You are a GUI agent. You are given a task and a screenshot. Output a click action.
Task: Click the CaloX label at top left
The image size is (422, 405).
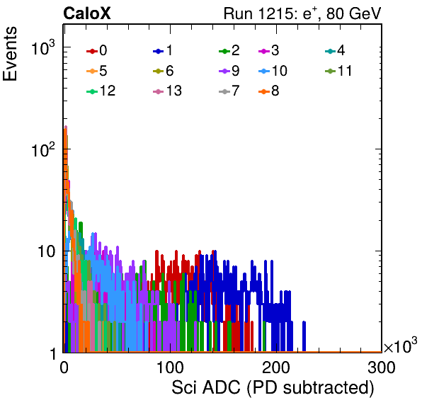click(x=87, y=13)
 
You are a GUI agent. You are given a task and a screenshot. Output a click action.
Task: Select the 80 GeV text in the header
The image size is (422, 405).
click(x=353, y=13)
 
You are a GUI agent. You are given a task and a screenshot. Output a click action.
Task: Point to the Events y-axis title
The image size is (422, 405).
click(x=10, y=54)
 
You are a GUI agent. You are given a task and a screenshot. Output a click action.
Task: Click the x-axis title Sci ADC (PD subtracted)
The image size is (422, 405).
click(x=273, y=388)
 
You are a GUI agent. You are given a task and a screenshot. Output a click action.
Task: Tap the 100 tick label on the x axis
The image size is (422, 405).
click(x=170, y=367)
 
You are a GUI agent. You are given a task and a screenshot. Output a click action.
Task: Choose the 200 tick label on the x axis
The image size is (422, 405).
click(x=276, y=367)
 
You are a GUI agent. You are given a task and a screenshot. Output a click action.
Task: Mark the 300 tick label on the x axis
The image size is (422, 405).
click(x=382, y=367)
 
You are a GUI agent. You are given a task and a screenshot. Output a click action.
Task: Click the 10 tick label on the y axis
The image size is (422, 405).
click(x=46, y=251)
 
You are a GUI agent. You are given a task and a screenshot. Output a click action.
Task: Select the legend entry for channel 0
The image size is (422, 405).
click(x=96, y=50)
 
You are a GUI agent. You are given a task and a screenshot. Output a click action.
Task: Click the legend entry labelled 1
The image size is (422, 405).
click(x=163, y=50)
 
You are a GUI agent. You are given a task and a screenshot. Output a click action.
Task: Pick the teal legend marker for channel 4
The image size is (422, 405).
click(x=330, y=50)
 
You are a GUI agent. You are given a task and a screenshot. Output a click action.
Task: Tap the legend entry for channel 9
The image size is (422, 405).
click(x=229, y=71)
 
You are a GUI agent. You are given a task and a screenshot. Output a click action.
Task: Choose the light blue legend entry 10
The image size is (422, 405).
click(x=273, y=71)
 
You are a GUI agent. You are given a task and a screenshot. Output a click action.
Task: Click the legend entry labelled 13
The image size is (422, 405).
click(x=167, y=91)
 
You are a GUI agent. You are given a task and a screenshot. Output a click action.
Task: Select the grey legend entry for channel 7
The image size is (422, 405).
click(x=229, y=91)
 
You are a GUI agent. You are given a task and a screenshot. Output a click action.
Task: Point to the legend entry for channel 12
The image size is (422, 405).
click(x=101, y=91)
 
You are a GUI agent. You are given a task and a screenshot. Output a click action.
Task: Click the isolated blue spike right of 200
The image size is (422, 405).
click(x=304, y=336)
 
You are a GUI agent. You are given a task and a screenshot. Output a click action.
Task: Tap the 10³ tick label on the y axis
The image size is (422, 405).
click(x=43, y=47)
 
